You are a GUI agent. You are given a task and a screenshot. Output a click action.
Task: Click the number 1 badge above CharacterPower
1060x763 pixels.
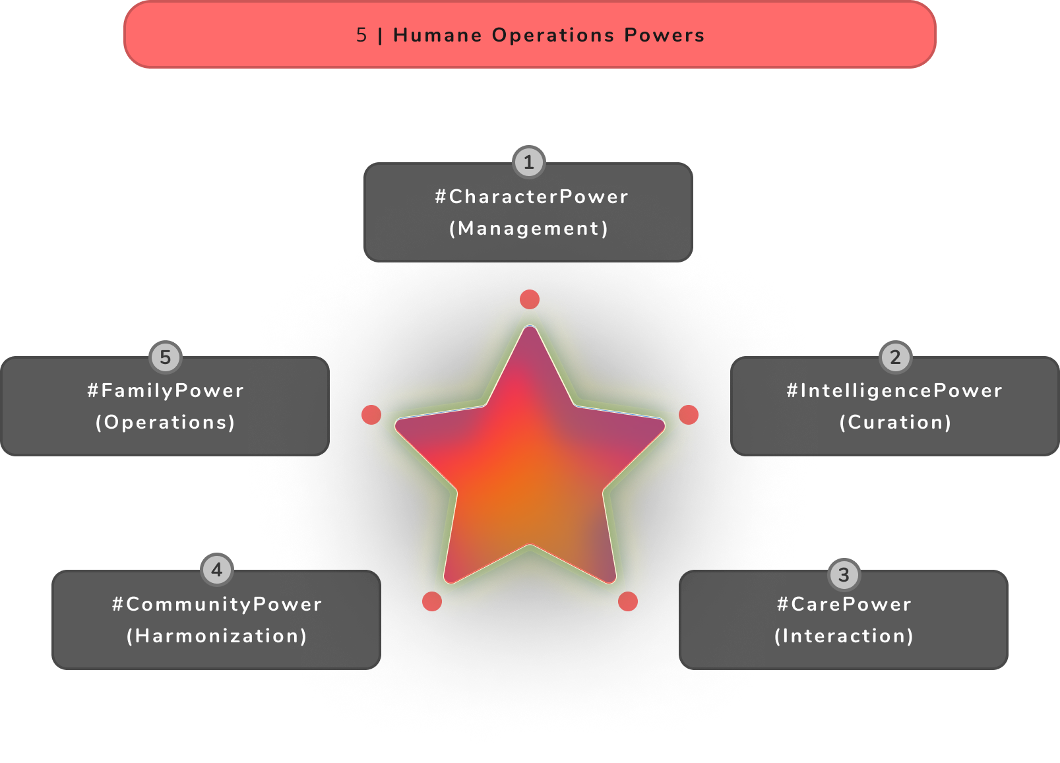point(528,162)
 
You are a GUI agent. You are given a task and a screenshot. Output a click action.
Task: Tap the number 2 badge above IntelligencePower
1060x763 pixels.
point(895,357)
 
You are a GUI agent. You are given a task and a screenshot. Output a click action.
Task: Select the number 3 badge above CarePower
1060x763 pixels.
point(844,575)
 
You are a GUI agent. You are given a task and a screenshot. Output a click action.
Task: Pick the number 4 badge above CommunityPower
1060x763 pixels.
point(217,570)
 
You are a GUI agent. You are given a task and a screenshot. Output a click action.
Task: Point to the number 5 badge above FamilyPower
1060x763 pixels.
point(166,357)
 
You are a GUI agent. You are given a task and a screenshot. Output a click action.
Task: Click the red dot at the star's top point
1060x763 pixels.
point(530,299)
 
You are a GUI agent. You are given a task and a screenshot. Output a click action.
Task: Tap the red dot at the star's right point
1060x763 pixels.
point(689,415)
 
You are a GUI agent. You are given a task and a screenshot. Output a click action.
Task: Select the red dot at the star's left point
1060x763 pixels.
point(371,415)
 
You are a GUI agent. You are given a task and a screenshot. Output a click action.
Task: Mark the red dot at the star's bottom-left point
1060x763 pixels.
point(432,601)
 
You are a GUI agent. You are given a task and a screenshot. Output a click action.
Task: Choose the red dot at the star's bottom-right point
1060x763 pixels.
point(628,601)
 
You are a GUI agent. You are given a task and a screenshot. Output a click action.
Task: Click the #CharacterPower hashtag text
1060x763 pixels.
point(532,197)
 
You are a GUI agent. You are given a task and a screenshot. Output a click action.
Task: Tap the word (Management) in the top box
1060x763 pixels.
point(528,228)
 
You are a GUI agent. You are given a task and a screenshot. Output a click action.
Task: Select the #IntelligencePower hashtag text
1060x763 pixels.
point(894,390)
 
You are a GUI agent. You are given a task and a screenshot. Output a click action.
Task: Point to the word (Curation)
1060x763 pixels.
point(895,422)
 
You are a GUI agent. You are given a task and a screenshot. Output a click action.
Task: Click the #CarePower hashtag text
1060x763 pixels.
point(844,604)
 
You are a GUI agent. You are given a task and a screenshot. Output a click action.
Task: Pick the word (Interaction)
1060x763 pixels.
point(844,636)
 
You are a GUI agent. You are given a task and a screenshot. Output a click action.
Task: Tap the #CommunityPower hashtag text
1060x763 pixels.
point(217,604)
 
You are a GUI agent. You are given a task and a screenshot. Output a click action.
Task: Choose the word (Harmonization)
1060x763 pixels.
point(217,636)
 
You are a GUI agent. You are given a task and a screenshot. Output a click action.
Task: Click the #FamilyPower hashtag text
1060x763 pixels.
point(166,390)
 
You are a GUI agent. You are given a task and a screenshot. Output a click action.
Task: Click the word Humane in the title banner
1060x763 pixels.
point(437,35)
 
